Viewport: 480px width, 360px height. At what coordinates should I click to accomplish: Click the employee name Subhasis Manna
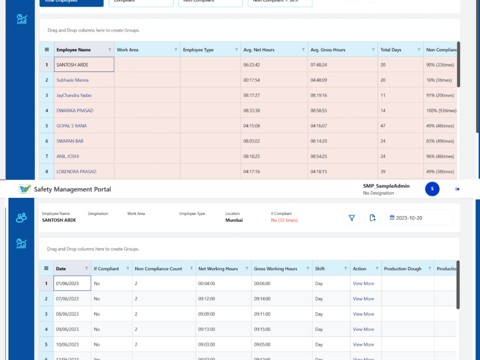pos(72,80)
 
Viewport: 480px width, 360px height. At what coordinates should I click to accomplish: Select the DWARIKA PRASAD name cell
pos(75,110)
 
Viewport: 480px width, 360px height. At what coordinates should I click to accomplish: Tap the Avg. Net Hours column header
pos(259,50)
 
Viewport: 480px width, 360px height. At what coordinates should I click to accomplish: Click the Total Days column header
pos(391,50)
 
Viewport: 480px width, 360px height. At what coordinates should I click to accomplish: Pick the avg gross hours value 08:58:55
pos(319,110)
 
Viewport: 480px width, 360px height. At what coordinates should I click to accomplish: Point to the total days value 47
pos(383,126)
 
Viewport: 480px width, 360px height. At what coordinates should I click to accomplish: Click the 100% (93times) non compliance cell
pos(441,110)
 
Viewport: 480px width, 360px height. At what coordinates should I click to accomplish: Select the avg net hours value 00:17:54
pos(252,80)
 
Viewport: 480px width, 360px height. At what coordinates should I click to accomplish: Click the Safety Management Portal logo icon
pos(24,189)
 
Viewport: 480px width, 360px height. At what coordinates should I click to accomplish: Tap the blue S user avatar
pos(432,189)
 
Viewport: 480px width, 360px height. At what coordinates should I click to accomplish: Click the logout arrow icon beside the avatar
pos(457,189)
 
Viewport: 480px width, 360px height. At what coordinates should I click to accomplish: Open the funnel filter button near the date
pos(351,218)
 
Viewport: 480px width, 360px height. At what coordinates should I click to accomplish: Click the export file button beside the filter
pos(372,218)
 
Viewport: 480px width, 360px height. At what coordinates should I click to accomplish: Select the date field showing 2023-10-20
pos(419,218)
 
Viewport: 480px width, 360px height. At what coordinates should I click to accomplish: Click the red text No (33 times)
pos(284,220)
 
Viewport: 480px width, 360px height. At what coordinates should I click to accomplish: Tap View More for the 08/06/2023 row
pos(363,314)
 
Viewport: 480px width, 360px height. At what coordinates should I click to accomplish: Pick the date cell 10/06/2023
pos(67,345)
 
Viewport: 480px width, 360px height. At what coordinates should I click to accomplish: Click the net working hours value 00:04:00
pos(206,284)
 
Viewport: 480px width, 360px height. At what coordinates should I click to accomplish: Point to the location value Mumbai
pos(234,220)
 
